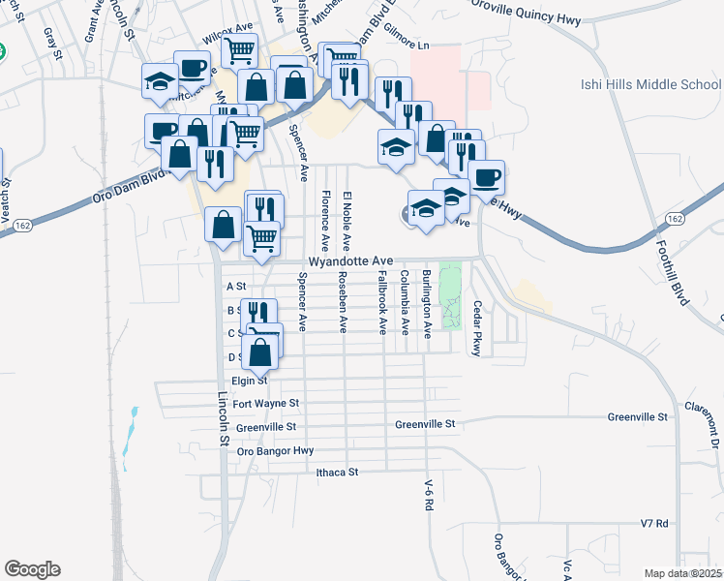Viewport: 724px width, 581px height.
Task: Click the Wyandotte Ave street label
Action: click(x=350, y=261)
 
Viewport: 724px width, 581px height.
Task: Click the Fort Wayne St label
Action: click(x=265, y=403)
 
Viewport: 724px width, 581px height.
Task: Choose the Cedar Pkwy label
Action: click(x=477, y=329)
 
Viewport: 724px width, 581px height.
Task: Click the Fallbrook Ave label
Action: click(x=382, y=303)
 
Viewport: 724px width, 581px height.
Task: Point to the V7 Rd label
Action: click(x=654, y=524)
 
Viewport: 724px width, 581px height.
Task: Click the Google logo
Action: click(x=32, y=569)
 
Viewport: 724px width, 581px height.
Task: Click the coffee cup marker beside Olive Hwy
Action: click(x=487, y=178)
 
